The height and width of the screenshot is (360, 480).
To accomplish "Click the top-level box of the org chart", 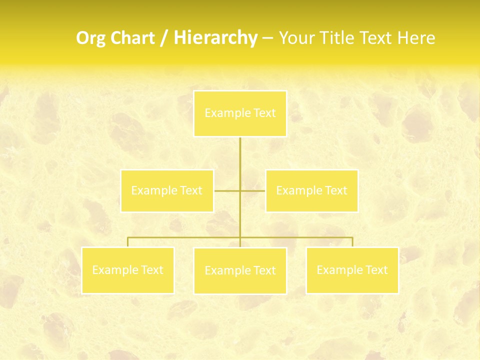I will (240, 113).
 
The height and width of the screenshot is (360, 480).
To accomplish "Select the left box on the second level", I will (167, 190).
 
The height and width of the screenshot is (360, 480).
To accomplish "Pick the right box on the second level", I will (311, 190).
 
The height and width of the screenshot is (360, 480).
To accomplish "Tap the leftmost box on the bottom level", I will (128, 270).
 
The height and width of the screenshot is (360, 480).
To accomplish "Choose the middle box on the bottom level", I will (240, 270).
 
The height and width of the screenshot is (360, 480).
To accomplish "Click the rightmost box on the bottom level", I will (352, 270).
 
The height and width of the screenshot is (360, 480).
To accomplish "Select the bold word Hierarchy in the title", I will (215, 38).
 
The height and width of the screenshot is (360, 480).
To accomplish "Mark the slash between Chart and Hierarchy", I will (164, 38).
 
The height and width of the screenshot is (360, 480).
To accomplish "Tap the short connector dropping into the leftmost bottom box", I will (128, 242).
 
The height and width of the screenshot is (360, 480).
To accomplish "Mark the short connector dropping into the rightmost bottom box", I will (352, 242).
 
